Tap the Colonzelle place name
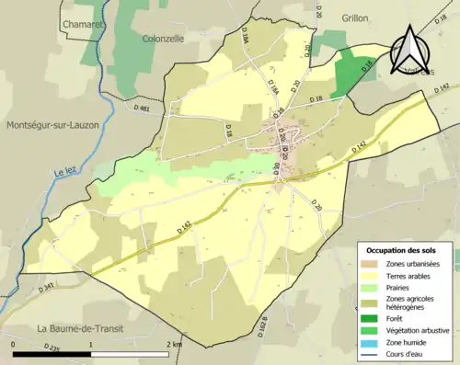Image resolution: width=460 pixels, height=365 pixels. pos(165,39)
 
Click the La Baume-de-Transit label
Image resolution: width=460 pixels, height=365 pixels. pos(82,328)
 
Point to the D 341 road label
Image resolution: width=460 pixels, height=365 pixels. pos(48,288)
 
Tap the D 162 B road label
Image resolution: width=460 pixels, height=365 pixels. pos(263,325)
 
